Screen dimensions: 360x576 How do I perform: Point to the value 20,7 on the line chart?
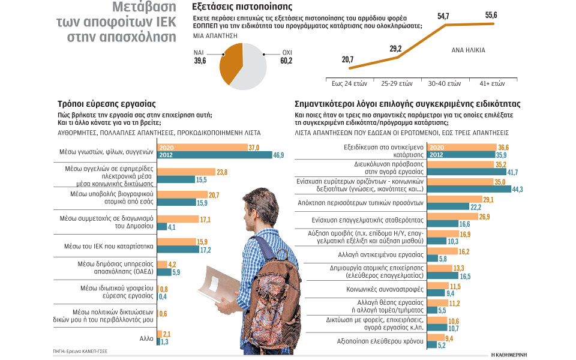coord(347,59)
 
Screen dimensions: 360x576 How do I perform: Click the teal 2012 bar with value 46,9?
coord(213,154)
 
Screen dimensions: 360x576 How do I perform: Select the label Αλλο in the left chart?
coord(146,339)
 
